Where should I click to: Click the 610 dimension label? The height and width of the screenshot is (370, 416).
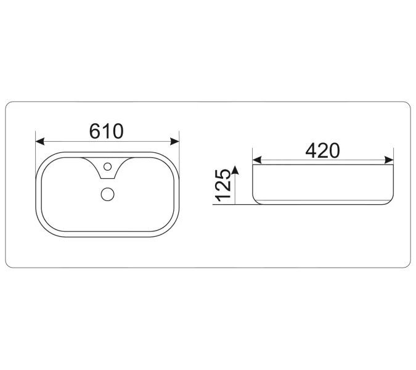[x=107, y=131]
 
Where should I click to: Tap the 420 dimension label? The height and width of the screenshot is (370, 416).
[x=322, y=150]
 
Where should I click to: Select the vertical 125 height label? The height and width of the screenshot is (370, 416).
[x=223, y=185]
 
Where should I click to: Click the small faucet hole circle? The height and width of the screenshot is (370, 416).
[x=107, y=166]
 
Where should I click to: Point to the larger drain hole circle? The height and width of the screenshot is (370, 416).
[x=108, y=194]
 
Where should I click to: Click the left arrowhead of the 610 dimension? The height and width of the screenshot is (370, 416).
[x=40, y=141]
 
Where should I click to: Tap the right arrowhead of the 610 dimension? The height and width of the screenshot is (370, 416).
[x=174, y=141]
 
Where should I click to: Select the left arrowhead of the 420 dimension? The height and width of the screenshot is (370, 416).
[x=257, y=160]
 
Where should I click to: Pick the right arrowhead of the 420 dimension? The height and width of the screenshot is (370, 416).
[x=389, y=160]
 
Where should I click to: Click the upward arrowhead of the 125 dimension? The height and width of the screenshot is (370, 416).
[x=235, y=170]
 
